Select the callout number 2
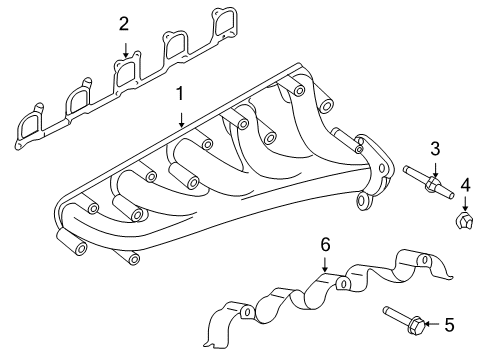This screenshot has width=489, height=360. click(x=124, y=23)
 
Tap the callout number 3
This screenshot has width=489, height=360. click(x=435, y=149)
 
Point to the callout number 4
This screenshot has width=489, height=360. click(x=465, y=183)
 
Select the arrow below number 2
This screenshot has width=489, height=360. click(x=124, y=48)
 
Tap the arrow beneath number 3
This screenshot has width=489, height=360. click(x=435, y=170)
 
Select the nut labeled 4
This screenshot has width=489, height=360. click(x=464, y=221)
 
